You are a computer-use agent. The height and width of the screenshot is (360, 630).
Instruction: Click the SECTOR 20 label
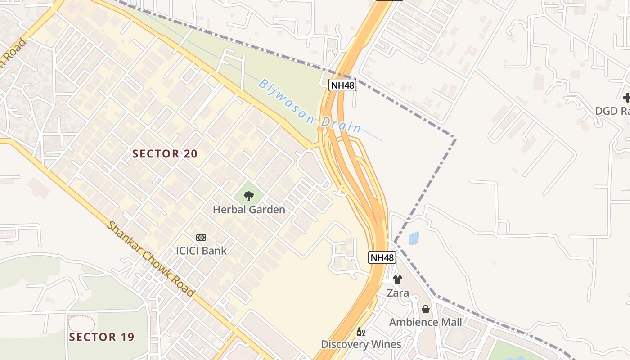[165, 154]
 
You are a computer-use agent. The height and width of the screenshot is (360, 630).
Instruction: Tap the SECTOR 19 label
[102, 337]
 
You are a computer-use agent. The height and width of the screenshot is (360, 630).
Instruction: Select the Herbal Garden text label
[249, 210]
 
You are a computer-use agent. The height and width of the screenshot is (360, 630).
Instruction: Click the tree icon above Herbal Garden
[248, 196]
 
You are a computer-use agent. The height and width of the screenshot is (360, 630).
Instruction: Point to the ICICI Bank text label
[201, 251]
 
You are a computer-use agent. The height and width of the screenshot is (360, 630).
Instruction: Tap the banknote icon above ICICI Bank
[201, 237]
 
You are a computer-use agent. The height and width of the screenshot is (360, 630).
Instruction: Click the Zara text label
[398, 293]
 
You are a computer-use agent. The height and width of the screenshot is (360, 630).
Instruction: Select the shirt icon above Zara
[397, 279]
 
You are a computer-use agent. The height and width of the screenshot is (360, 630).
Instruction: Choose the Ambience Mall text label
[425, 322]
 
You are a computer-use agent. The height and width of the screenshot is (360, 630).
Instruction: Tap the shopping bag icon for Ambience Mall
[425, 309]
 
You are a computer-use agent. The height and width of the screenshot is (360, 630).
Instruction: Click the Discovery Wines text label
[361, 344]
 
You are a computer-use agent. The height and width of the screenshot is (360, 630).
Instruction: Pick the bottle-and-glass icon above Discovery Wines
[360, 332]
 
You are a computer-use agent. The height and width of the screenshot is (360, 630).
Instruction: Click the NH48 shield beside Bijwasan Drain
[342, 85]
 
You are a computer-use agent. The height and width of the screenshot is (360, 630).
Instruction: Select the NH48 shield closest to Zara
[382, 257]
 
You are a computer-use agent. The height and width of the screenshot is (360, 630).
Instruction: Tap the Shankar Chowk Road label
[151, 259]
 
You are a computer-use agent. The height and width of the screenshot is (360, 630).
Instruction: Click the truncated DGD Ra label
[612, 111]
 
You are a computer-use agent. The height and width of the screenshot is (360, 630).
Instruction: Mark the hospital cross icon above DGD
[626, 98]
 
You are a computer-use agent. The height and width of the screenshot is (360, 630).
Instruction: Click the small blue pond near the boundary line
[414, 238]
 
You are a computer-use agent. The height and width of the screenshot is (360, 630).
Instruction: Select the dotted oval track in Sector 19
[81, 323]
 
